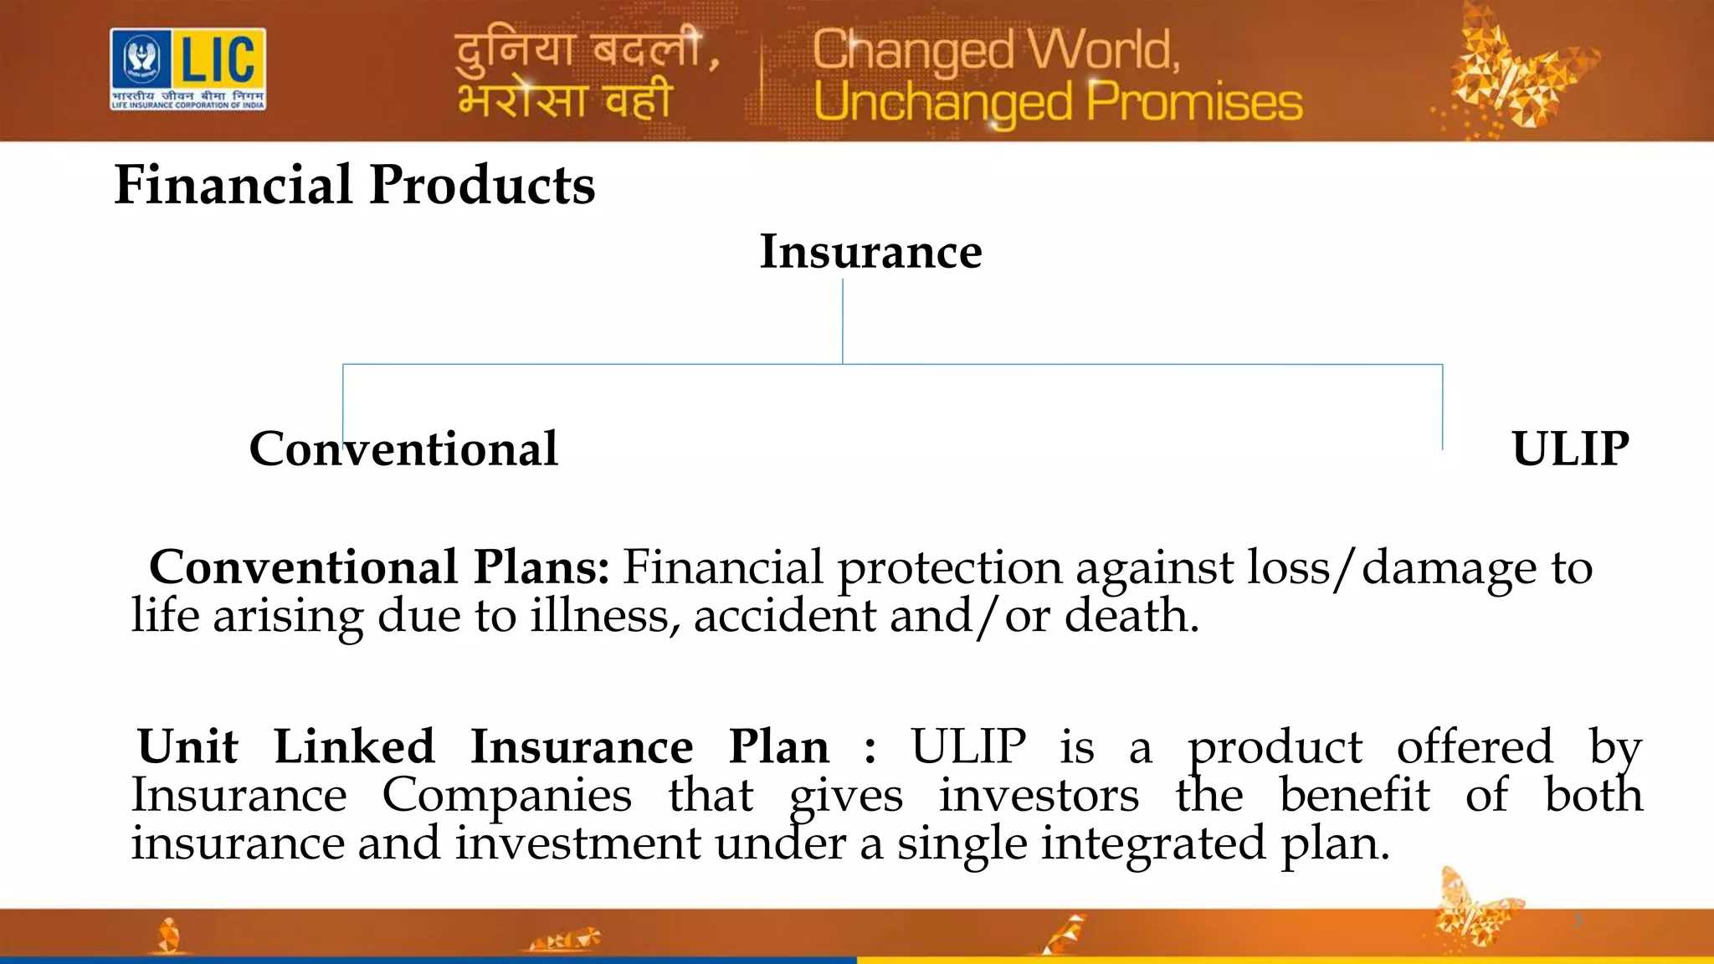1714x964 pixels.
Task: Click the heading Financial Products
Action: pos(355,184)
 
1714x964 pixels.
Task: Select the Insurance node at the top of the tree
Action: pos(870,251)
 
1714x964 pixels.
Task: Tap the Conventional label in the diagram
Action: pos(403,449)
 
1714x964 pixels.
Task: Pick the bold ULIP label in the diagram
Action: pos(1570,449)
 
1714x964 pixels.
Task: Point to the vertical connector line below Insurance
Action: pos(843,322)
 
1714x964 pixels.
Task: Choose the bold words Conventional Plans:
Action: pos(379,567)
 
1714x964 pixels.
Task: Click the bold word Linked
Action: pos(354,746)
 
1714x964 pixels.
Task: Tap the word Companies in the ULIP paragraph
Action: pos(507,795)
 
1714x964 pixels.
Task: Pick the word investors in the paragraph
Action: pos(1039,795)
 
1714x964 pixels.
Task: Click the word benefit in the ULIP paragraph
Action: pos(1355,795)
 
